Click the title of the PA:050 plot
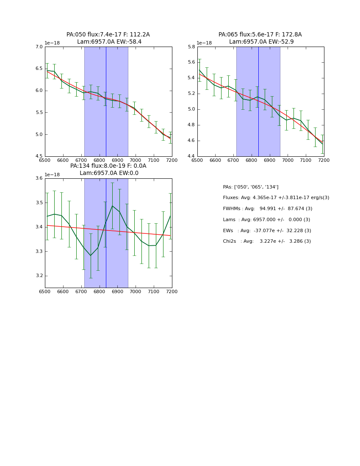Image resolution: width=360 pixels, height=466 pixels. coord(108,38)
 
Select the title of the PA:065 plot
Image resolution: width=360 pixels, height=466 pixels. coord(260,38)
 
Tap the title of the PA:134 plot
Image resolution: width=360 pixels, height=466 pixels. coord(108,169)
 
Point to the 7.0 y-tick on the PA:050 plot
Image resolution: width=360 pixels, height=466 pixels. coord(39,47)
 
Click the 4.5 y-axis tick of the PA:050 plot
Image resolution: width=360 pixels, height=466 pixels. coord(39,156)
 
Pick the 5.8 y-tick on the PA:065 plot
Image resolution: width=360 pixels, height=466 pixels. coord(191,47)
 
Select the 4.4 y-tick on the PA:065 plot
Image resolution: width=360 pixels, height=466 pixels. coord(191,156)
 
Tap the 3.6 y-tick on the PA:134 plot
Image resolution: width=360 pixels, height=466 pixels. coord(39,178)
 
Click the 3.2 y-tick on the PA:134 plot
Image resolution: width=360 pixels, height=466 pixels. coord(39,276)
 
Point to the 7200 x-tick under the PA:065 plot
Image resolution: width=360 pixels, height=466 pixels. coord(324,161)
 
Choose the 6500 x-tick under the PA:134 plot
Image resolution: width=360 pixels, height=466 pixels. coord(45,292)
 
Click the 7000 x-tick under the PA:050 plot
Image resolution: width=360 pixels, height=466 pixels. coord(136,161)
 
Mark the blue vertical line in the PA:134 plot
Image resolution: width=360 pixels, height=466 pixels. coord(106,233)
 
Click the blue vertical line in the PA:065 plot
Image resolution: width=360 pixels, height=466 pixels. coord(258,102)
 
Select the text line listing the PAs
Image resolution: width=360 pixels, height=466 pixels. coord(250,187)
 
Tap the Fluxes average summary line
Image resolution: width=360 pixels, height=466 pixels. coord(276,198)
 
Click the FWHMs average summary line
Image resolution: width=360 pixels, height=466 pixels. coord(267,209)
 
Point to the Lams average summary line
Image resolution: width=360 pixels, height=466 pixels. coord(266,220)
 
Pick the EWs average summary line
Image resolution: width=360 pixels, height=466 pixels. coord(267,230)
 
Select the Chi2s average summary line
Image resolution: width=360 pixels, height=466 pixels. coord(267,241)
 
